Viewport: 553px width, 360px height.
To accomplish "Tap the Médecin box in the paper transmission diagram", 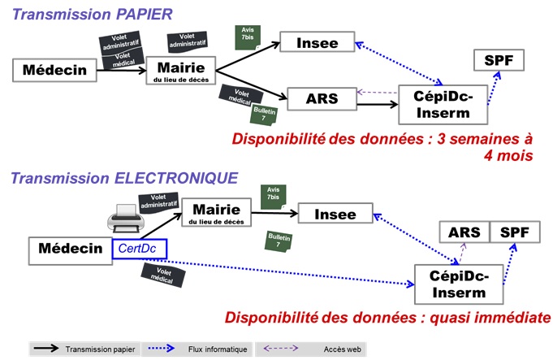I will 54,70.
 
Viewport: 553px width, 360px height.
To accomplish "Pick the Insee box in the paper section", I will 318,42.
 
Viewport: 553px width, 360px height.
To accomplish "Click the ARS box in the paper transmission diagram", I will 322,98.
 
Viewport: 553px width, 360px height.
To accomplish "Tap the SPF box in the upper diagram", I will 499,60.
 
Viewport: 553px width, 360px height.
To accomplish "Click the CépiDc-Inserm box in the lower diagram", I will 457,284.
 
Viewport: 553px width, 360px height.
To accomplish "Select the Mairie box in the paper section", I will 184,71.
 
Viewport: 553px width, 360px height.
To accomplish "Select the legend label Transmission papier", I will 102,349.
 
